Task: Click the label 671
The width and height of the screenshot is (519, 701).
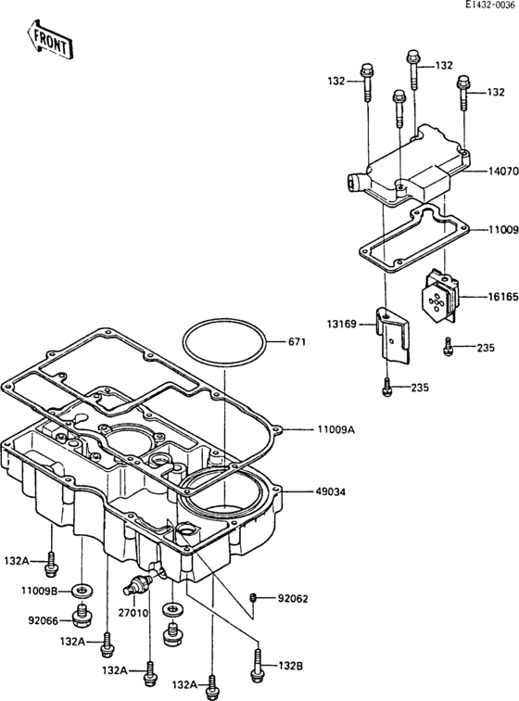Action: click(x=296, y=343)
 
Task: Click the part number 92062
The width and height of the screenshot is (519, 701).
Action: click(x=294, y=598)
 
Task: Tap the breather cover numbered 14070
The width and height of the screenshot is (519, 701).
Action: click(x=408, y=172)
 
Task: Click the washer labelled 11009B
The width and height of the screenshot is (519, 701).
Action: click(x=86, y=590)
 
